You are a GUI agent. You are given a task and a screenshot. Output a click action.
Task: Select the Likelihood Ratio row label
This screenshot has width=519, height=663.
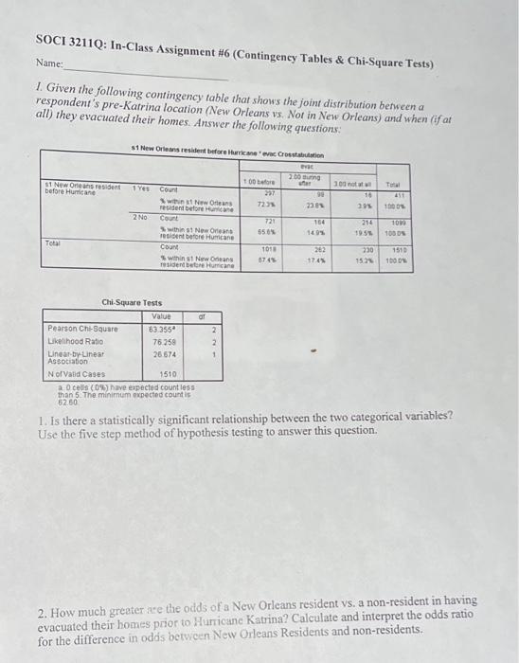click(x=72, y=341)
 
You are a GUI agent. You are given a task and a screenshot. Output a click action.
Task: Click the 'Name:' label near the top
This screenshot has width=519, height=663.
click(x=49, y=63)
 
